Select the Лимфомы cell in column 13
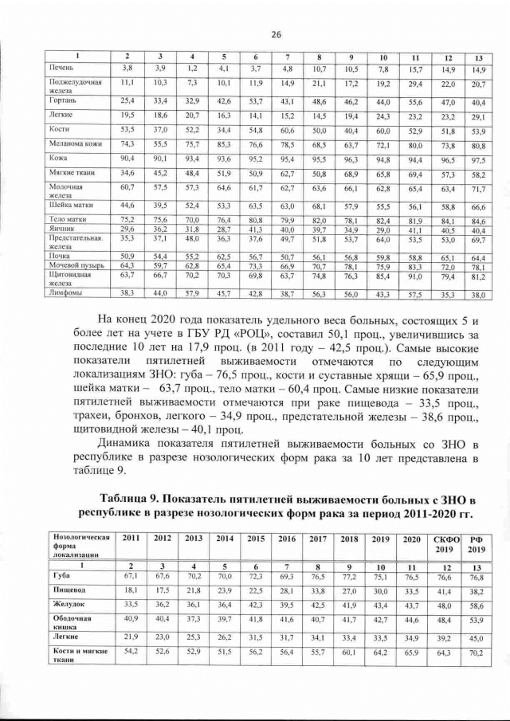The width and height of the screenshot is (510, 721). [x=477, y=294]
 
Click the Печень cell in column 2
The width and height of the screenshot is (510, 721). [x=126, y=70]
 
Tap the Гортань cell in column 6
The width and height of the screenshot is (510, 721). [x=255, y=102]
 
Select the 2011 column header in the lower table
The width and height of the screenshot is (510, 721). [x=131, y=539]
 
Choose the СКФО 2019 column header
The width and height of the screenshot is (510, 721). [x=443, y=545]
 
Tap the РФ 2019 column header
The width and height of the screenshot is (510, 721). [x=477, y=545]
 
